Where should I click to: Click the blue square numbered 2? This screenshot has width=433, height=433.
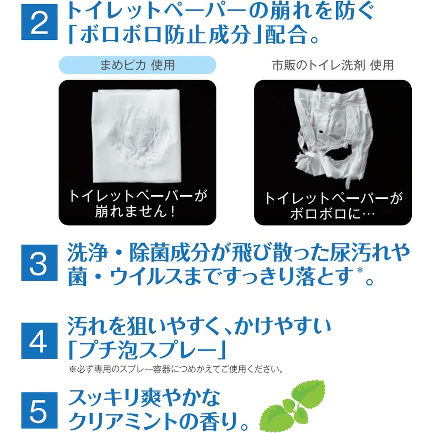click(x=39, y=22)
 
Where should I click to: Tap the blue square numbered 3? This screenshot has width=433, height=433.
click(x=39, y=263)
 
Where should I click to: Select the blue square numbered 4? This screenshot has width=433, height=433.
click(x=39, y=340)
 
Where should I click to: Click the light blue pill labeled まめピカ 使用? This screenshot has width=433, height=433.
click(x=137, y=65)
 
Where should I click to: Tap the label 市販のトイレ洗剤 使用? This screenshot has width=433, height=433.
click(x=333, y=65)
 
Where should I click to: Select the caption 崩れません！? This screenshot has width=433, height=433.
click(x=135, y=212)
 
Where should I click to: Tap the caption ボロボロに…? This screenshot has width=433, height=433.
click(x=333, y=213)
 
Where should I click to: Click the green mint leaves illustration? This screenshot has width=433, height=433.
click(x=293, y=405)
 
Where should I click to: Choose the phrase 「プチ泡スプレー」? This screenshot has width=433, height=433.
click(x=147, y=349)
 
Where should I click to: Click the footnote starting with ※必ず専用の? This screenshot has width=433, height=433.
click(x=176, y=369)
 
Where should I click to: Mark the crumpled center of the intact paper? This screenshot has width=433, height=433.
click(x=138, y=135)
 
